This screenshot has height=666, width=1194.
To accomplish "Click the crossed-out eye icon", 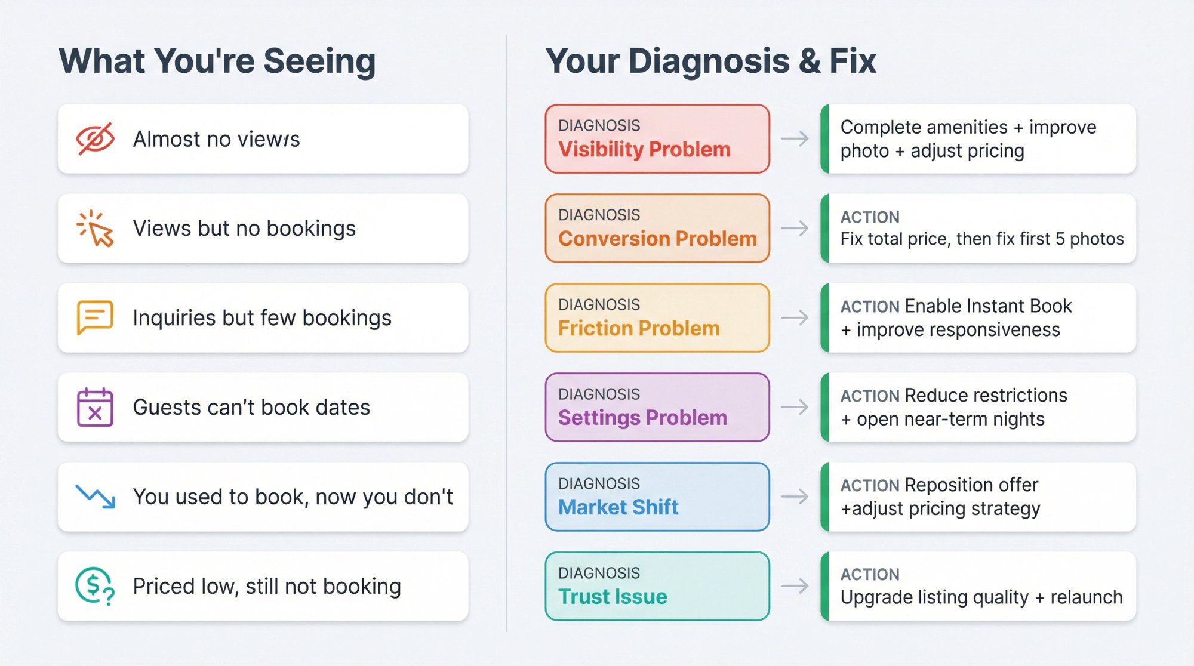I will (x=95, y=139).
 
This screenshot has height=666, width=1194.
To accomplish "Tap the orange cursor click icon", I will (x=95, y=229).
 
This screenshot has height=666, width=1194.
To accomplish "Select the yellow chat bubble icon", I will (x=95, y=317).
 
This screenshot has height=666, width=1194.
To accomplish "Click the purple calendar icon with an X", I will (x=95, y=407).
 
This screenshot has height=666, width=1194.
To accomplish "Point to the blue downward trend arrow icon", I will (x=96, y=497).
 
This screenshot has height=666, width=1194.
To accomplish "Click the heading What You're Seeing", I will (x=217, y=61).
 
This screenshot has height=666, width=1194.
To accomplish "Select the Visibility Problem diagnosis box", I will (x=657, y=139).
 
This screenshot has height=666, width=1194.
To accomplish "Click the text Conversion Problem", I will (x=657, y=239).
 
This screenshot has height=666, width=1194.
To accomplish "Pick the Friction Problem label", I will (x=639, y=328).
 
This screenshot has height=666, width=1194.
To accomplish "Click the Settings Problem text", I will (x=642, y=418).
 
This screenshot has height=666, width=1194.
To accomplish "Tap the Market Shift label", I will (x=618, y=507).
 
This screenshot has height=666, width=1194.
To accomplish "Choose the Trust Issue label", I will (x=613, y=597).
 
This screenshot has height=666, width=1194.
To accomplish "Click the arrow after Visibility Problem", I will (x=795, y=139).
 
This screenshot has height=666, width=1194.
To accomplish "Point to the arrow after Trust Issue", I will (x=795, y=586).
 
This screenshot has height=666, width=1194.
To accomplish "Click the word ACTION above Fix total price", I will (x=870, y=217).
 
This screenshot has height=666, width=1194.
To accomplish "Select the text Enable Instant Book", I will (x=988, y=306).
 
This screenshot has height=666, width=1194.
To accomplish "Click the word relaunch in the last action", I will (x=1087, y=597).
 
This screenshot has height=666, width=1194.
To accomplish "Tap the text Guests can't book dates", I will (x=251, y=407).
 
